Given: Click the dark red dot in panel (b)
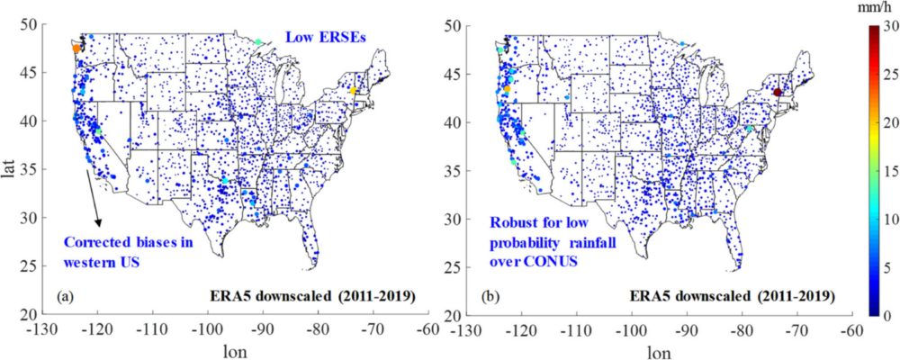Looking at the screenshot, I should click(778, 92).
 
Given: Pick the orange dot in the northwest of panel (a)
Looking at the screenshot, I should click(76, 49).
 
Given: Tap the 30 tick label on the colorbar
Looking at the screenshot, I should click(887, 26).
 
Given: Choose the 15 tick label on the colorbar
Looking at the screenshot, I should click(887, 170).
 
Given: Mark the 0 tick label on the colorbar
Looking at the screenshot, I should click(884, 314).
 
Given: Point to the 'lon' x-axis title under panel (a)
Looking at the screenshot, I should click(236, 351).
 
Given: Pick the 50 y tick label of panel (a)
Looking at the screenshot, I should click(40, 24).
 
